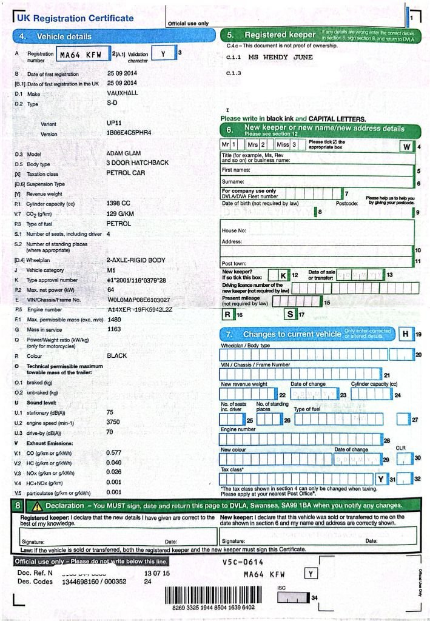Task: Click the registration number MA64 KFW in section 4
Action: tap(81, 55)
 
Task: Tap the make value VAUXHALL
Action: tap(122, 93)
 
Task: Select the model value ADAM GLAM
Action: tap(123, 153)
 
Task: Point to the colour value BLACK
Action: tap(117, 355)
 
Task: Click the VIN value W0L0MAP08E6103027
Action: tap(138, 300)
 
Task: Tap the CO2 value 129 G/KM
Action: tap(121, 213)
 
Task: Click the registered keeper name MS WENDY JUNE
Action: tap(280, 58)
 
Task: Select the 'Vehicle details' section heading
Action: tap(64, 36)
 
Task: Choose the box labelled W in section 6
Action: tap(406, 147)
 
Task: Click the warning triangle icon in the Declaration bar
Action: tap(37, 505)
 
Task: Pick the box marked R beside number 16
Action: tap(228, 314)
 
